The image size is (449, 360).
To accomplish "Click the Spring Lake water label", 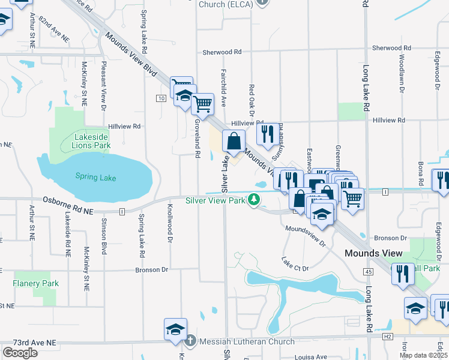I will (x=95, y=177).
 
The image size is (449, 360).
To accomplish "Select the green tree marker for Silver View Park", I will (x=255, y=200).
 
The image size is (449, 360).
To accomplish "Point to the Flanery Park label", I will (x=36, y=283).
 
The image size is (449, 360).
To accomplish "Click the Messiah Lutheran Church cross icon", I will (x=190, y=341).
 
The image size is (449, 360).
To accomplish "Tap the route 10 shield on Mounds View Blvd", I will (x=161, y=98).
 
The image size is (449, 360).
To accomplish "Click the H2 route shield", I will (x=388, y=337).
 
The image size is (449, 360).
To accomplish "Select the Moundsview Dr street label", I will (x=305, y=236).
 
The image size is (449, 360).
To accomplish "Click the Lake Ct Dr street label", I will (x=295, y=264).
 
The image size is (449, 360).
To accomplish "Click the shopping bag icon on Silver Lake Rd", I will (x=234, y=142).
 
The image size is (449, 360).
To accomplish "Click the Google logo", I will (x=20, y=353).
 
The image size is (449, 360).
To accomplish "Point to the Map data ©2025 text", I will (x=423, y=355).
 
